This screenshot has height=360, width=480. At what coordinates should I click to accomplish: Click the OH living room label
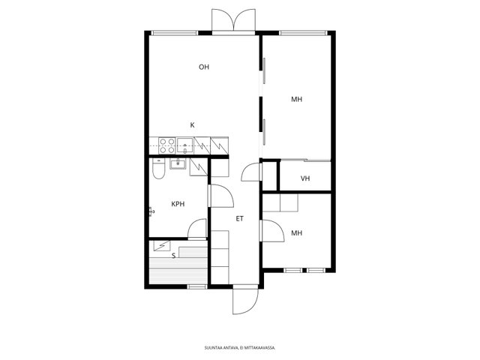point(204,67)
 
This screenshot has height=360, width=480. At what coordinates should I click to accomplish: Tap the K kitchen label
point(192,125)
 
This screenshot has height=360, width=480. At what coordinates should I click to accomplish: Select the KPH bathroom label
point(178,204)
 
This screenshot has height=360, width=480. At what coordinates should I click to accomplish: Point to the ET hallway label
point(240,218)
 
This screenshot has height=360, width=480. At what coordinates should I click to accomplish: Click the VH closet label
point(305,178)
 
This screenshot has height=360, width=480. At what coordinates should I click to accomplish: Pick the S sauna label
point(173,256)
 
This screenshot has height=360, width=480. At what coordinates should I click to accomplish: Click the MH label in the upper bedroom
point(297,99)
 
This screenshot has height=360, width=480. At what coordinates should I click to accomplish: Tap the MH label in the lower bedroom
point(297,233)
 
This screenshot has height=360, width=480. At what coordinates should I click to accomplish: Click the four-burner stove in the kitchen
point(167,145)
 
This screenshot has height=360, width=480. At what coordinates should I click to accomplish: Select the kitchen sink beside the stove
point(185,145)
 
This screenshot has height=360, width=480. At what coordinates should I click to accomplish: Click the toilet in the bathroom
point(158,169)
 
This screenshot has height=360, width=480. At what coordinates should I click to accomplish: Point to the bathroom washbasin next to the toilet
point(178,163)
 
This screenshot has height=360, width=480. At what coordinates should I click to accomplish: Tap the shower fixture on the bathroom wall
point(151,211)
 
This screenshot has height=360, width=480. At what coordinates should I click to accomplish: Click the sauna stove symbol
point(162,246)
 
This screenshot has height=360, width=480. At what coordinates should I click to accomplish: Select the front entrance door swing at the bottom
point(245,301)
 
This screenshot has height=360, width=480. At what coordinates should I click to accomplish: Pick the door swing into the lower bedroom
point(271,231)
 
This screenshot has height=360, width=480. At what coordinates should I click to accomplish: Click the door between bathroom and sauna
point(196,229)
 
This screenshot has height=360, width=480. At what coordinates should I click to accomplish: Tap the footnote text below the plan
point(240,348)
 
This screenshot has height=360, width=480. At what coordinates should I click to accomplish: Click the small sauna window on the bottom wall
point(196,286)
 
